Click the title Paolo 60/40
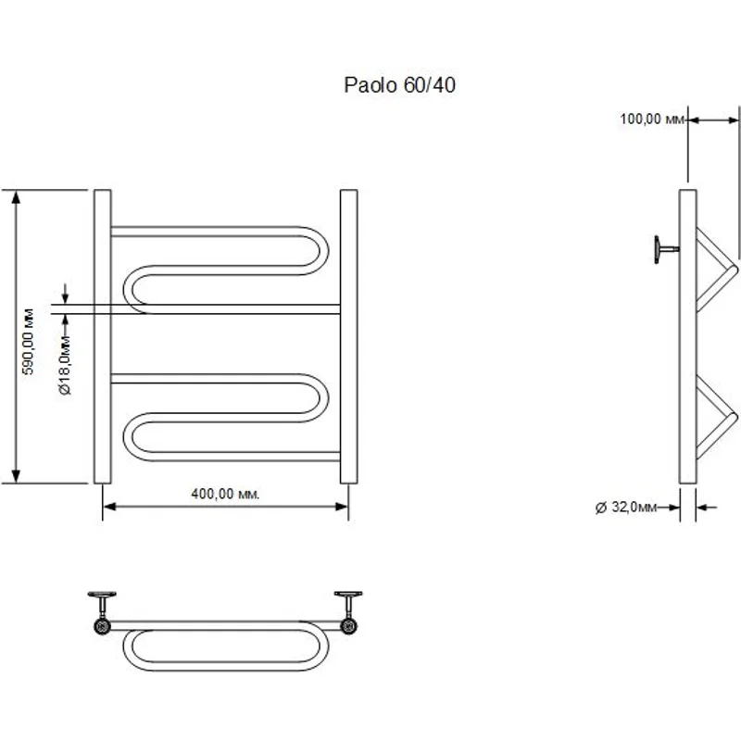tap(400, 86)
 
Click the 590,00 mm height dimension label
tap(29, 339)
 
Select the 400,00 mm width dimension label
tap(225, 494)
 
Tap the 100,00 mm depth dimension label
tap(651, 119)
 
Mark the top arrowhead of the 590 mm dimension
tap(16, 195)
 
